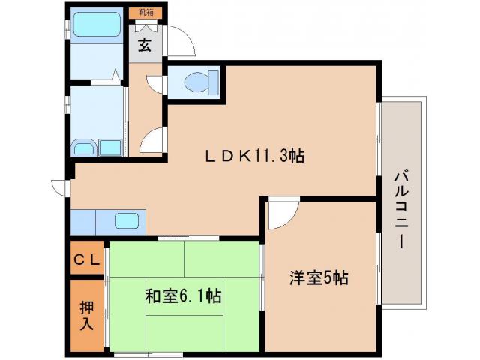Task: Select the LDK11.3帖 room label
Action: click(x=256, y=157)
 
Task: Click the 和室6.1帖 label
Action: click(x=182, y=295)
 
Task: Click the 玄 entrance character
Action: click(x=144, y=45)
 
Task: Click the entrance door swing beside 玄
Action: click(x=181, y=42)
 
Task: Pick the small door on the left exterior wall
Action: click(x=60, y=186)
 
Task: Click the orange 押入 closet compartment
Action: click(x=88, y=315)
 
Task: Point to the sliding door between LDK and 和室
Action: click(x=187, y=238)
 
